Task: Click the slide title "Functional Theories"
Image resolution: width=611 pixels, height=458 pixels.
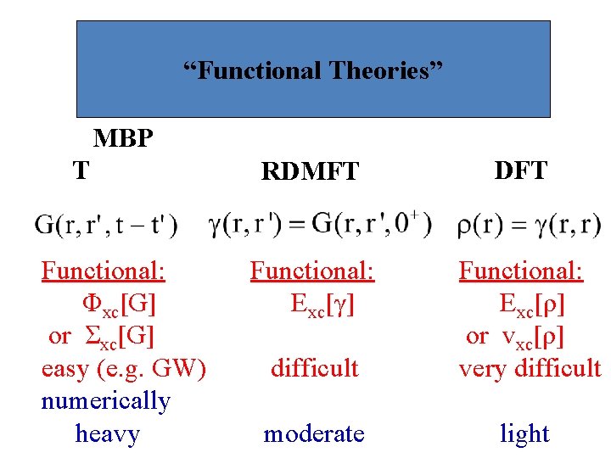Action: point(313,70)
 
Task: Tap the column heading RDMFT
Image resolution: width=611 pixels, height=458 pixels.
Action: point(311,171)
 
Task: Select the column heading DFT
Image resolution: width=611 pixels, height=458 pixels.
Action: point(520,170)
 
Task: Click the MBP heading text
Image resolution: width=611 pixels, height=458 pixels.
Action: point(123,137)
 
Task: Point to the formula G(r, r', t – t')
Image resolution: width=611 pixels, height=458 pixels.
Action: point(106,225)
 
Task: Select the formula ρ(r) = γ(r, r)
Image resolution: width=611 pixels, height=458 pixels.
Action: point(529,225)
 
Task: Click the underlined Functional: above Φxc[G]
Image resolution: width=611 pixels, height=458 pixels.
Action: point(104,271)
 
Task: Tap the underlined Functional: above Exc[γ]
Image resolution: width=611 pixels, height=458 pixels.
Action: point(311,271)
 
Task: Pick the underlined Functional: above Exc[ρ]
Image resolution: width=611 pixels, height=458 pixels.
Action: point(521,271)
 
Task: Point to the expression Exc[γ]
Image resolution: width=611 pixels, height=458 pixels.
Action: point(322,303)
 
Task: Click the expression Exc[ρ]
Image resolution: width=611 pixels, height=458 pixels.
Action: point(532,303)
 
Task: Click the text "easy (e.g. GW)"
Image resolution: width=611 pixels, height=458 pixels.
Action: point(123,368)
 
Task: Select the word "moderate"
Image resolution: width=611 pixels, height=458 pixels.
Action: point(314,433)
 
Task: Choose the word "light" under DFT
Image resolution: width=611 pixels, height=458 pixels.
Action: point(524,433)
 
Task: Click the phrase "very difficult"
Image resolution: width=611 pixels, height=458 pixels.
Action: point(530,368)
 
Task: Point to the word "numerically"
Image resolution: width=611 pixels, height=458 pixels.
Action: point(105,400)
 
